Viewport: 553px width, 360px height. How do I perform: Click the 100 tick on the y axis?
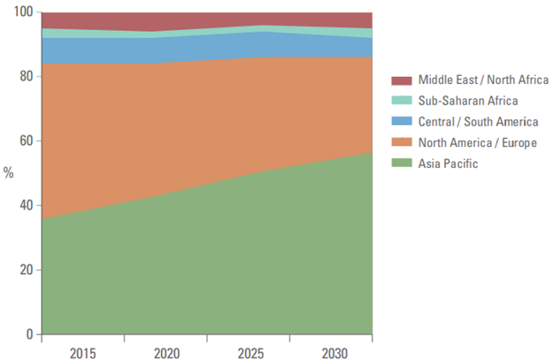coord(23,12)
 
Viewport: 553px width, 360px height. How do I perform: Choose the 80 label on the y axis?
coord(27,77)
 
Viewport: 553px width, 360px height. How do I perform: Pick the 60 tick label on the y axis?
coord(27,141)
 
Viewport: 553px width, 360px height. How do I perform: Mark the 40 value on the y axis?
coord(27,205)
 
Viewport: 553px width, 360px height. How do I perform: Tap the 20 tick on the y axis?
coord(27,270)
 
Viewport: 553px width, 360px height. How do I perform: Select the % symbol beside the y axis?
coord(9,173)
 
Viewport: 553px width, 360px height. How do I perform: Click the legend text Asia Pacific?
coord(449,163)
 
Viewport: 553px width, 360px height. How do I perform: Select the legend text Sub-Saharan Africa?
coord(468,100)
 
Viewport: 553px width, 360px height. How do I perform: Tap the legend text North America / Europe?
coord(478,142)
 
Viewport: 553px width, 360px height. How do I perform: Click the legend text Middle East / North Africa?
coord(483,80)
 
